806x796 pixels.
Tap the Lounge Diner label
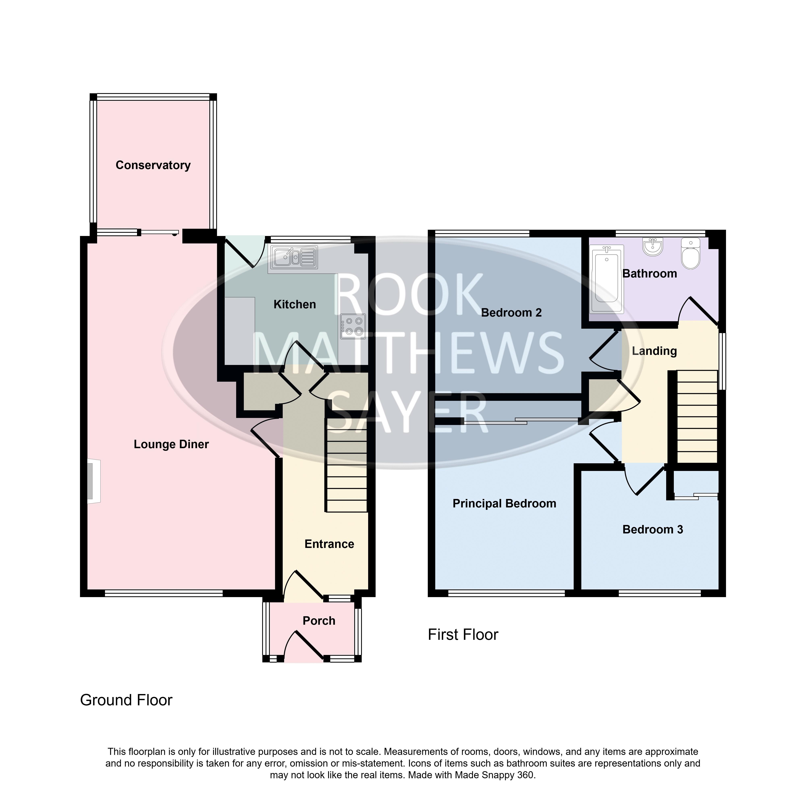pos(171,444)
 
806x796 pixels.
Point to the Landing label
pos(654,351)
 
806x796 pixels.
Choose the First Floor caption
pos(463,635)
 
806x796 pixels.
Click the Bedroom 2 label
pos(511,313)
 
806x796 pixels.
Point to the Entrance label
pos(329,544)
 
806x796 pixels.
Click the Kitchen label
pos(295,304)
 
